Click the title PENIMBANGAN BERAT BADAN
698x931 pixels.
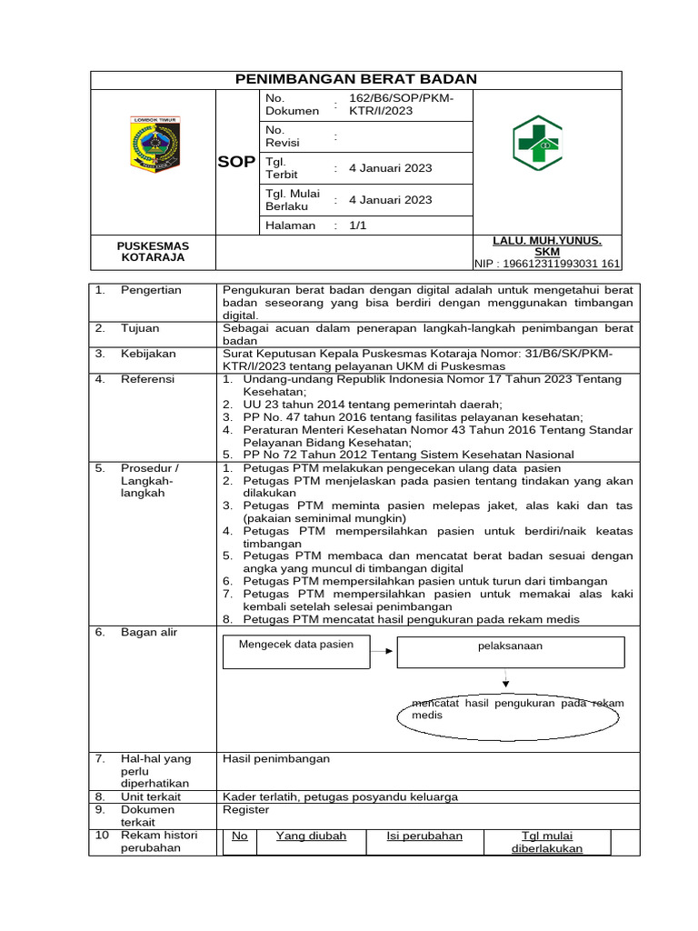pyautogui.click(x=355, y=80)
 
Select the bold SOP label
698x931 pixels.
pyautogui.click(x=236, y=162)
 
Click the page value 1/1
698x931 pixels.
pyautogui.click(x=357, y=225)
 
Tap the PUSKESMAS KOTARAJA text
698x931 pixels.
pyautogui.click(x=153, y=251)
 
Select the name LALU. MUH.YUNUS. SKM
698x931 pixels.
pyautogui.click(x=546, y=245)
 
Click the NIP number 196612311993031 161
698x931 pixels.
pyautogui.click(x=547, y=265)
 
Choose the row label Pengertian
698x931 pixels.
pyautogui.click(x=151, y=290)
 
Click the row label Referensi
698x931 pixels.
pyautogui.click(x=148, y=379)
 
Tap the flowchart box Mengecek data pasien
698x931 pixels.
pyautogui.click(x=296, y=650)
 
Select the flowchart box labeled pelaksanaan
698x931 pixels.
pyautogui.click(x=510, y=651)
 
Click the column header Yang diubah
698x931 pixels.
pyautogui.click(x=311, y=836)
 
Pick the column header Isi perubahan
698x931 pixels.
pyautogui.click(x=424, y=836)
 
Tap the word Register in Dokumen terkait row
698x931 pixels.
pyautogui.click(x=245, y=809)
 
